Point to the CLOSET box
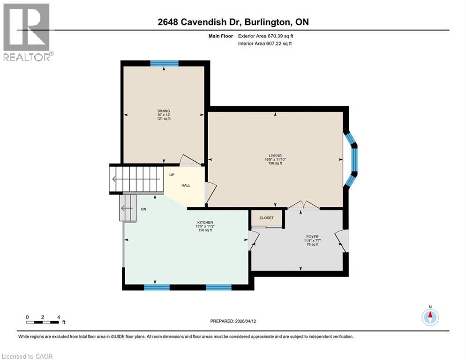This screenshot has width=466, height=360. click(267, 218)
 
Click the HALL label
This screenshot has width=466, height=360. click(186, 186)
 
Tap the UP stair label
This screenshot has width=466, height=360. click(172, 174)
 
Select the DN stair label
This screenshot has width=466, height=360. click(144, 210)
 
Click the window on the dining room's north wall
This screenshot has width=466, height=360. click(164, 63)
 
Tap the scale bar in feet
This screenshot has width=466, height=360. click(43, 322)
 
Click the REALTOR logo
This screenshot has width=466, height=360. click(27, 31)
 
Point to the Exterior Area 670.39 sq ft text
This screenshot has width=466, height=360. click(268, 36)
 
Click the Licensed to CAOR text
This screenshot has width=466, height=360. click(28, 356)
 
